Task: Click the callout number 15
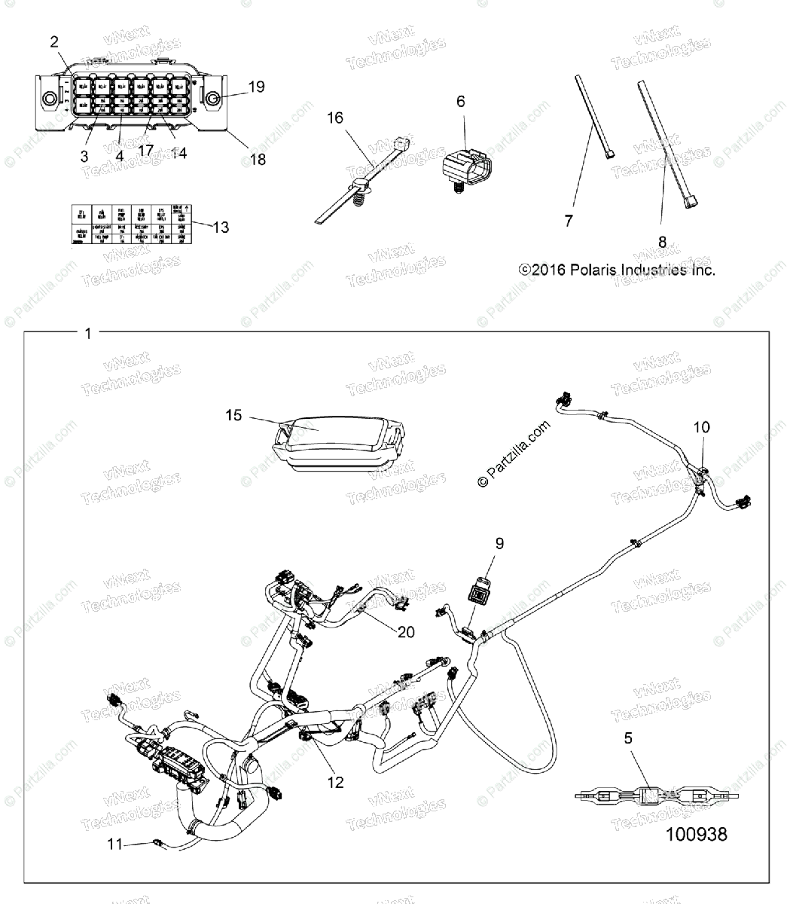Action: point(234,415)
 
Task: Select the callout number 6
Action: point(461,101)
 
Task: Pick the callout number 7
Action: point(569,220)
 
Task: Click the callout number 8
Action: point(662,242)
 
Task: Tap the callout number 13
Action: point(221,227)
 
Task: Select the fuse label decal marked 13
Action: point(130,224)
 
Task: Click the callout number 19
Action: point(256,87)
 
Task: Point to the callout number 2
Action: point(54,41)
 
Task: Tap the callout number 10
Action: point(701,427)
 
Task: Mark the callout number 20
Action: point(406,632)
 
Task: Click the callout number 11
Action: point(114,844)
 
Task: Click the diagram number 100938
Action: point(697,835)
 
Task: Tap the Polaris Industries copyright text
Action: point(617,270)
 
